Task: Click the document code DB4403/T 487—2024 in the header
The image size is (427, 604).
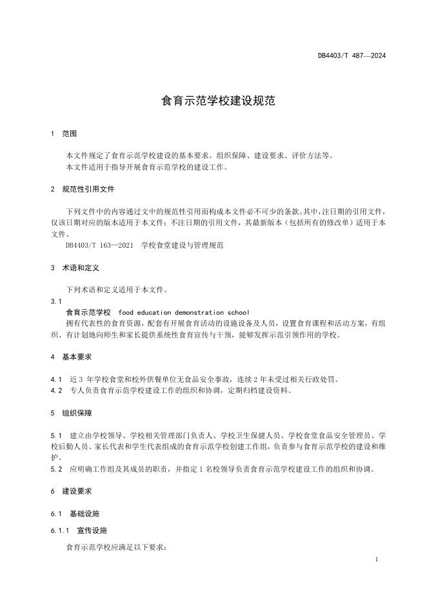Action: pos(352,55)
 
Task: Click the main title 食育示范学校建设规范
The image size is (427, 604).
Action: pos(213,101)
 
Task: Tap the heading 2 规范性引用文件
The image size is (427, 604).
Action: pos(83,190)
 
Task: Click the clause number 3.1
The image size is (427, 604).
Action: pos(55,301)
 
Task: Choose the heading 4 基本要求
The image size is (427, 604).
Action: pos(72,357)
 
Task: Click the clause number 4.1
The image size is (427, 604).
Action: pos(55,379)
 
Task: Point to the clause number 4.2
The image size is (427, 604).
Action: pos(55,390)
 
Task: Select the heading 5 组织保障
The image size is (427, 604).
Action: pos(72,413)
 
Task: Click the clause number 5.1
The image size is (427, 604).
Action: pos(55,436)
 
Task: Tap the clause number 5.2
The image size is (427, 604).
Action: pos(55,469)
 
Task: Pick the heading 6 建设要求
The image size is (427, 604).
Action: pos(72,491)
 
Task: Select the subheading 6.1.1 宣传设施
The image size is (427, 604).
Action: pos(79,530)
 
